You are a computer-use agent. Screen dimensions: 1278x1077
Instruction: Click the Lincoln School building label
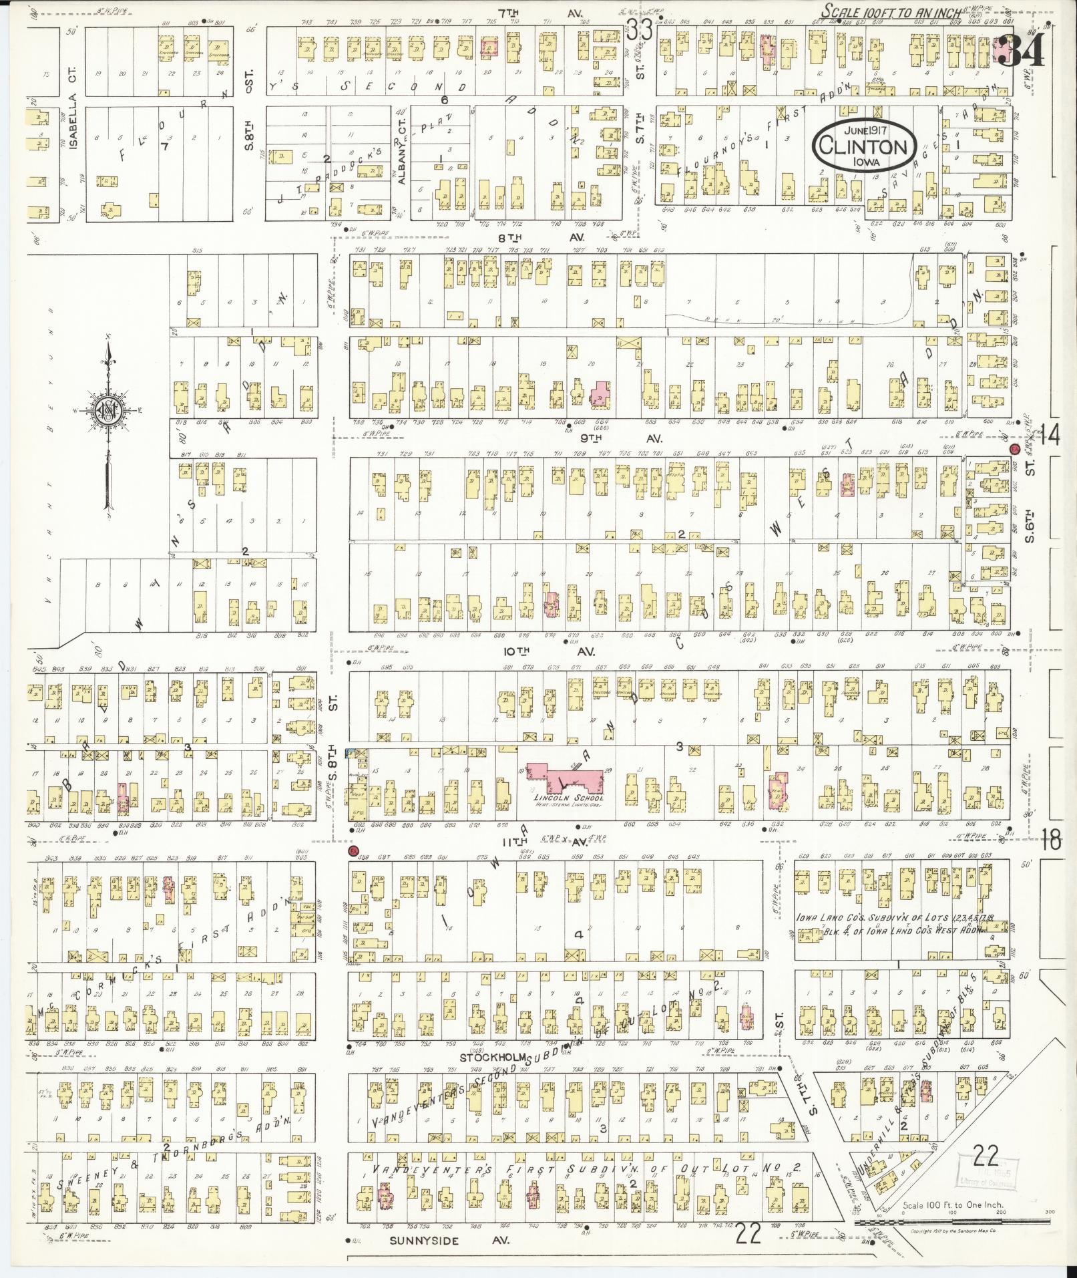(x=568, y=798)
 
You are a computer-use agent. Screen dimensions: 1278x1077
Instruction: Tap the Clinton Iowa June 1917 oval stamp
(x=864, y=145)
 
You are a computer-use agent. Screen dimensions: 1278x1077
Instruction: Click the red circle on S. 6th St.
(x=1015, y=449)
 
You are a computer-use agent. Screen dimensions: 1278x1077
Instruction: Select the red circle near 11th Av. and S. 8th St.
(x=355, y=850)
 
